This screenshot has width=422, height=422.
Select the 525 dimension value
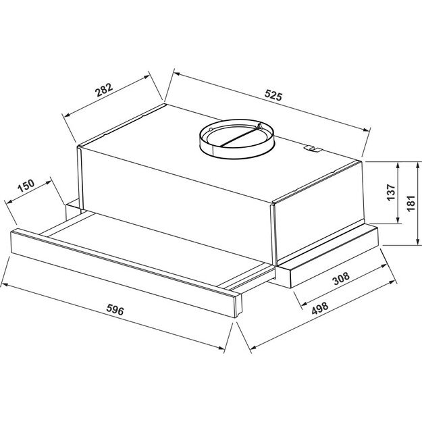[273, 95]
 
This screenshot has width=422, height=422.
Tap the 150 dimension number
[26, 186]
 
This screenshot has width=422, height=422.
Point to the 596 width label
[115, 311]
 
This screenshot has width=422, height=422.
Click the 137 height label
[390, 193]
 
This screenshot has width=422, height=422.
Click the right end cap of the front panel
[236, 305]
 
